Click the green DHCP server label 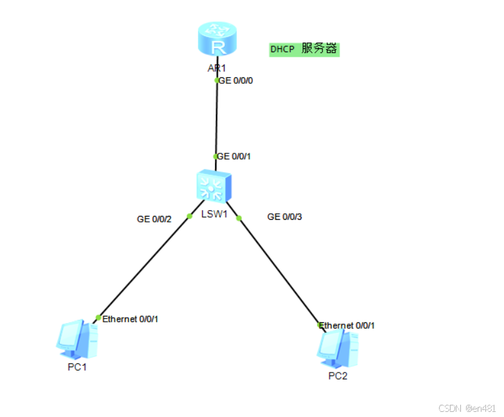(304, 49)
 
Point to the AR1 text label (217, 68)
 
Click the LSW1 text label (215, 213)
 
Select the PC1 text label (77, 367)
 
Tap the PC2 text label (337, 376)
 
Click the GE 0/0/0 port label (236, 81)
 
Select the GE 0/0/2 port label (154, 219)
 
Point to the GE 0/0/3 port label (285, 217)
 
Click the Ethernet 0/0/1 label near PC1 (130, 318)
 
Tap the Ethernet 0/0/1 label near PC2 (348, 325)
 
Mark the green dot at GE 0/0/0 (217, 81)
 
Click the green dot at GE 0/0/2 (189, 216)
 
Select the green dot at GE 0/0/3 (239, 218)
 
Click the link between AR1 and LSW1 (216, 119)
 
